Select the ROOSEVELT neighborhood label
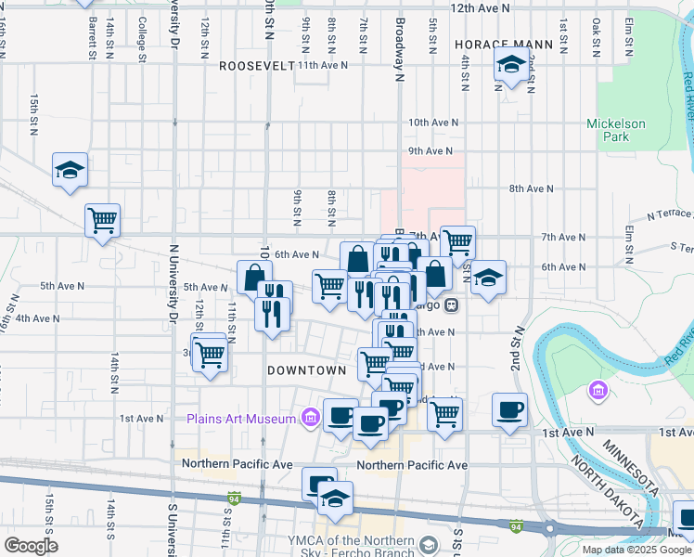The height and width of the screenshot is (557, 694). point(256,66)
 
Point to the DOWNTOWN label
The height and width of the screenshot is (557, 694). point(306,369)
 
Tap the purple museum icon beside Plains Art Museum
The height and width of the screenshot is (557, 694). point(309,419)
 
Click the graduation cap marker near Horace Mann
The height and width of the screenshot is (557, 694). point(510,67)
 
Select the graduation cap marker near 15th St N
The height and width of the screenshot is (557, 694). point(70,171)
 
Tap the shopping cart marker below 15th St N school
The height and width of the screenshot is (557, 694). point(102,221)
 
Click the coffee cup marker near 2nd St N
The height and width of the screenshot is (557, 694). point(509,409)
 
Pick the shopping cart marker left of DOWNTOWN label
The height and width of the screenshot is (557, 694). point(212,354)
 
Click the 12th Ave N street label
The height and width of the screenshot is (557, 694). point(481,7)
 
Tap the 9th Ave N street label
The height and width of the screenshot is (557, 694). point(430,150)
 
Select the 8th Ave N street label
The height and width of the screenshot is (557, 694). point(532,188)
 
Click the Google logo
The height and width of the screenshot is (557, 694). point(31,545)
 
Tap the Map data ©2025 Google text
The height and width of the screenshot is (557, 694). point(636,550)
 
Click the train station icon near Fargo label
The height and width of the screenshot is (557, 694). point(452,304)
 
